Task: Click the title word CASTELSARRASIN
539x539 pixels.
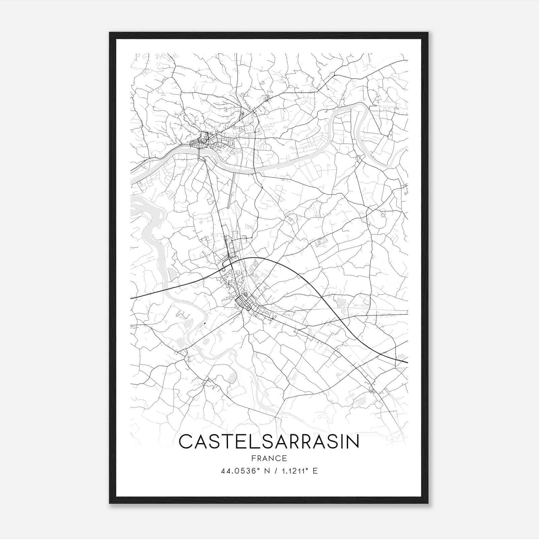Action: click(x=269, y=442)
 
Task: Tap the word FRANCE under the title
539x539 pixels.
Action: click(x=269, y=458)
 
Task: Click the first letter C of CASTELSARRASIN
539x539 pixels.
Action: click(x=186, y=442)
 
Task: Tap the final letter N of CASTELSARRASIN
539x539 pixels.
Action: click(x=352, y=442)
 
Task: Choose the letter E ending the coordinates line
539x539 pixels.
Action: click(x=315, y=471)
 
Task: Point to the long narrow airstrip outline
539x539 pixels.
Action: click(x=232, y=189)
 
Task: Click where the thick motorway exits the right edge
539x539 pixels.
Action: click(x=407, y=362)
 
